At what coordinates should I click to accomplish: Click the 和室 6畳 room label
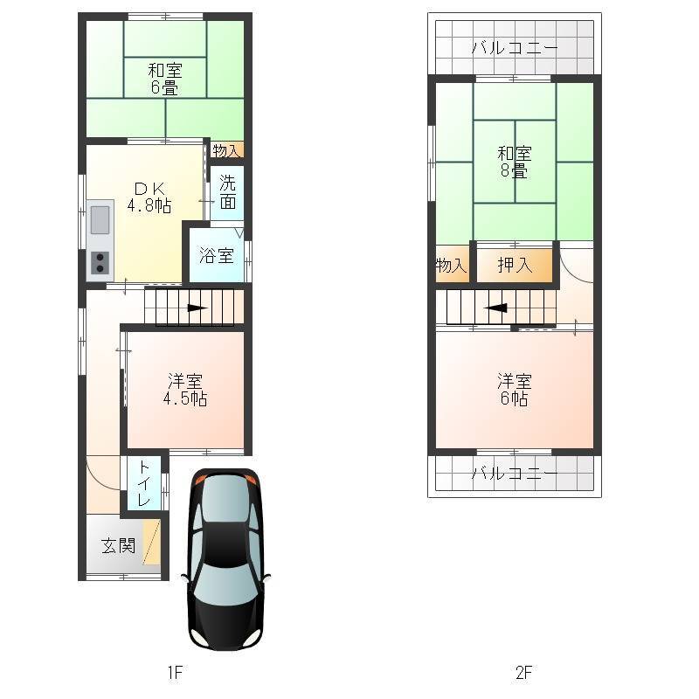coord(165,79)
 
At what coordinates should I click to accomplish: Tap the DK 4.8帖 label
coord(149,197)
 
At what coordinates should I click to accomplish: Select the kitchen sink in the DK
coord(100,219)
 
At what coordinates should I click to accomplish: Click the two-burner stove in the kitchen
coord(100,263)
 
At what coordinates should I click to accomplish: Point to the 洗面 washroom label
coord(228,192)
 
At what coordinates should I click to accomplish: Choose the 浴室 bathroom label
coord(216,255)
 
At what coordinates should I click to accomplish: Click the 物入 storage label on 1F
coord(227,150)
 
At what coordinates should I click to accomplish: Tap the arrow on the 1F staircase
coord(197,308)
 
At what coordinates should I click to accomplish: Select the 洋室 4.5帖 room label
coord(185,390)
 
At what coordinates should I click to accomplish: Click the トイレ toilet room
coord(144,483)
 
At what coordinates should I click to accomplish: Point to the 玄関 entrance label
coord(118,545)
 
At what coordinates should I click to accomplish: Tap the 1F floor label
coord(176,672)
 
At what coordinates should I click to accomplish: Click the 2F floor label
coord(523,672)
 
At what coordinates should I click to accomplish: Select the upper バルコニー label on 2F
coord(515,47)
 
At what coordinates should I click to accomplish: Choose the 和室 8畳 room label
coord(515,163)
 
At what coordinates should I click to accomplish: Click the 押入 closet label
coord(515,266)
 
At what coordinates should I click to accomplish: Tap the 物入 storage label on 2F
coord(452,266)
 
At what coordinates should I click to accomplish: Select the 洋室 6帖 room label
coord(515,390)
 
